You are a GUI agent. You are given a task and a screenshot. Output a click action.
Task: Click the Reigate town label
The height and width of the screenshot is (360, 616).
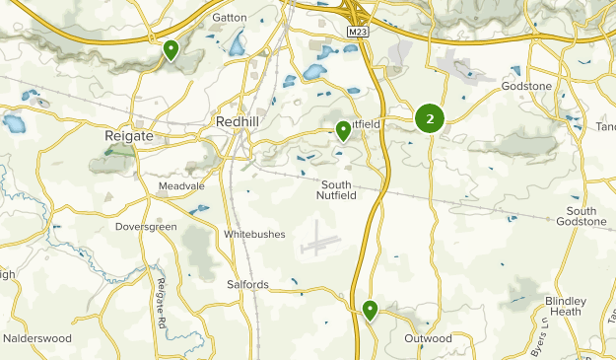point(128,136)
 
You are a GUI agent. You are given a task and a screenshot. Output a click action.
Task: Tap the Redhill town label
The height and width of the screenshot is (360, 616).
point(238,121)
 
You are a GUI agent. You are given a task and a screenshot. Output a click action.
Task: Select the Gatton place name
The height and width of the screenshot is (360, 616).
point(229,18)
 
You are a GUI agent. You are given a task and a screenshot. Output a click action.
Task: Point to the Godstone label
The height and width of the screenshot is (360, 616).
point(554,87)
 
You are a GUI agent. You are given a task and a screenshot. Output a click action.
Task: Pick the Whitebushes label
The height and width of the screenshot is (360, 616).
point(254,234)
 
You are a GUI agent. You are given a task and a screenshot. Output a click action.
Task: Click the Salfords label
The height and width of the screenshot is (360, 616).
point(247,285)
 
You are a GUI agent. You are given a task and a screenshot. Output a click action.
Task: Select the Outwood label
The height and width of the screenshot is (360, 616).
point(428,338)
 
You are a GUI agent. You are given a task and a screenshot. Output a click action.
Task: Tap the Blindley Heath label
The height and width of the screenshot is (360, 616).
point(566,306)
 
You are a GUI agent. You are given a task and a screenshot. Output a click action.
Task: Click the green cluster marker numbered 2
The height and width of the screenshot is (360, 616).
point(430,119)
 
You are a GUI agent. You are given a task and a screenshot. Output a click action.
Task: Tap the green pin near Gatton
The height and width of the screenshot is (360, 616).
point(171,49)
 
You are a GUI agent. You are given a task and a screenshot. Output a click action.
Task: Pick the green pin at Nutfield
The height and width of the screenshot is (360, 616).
point(343,130)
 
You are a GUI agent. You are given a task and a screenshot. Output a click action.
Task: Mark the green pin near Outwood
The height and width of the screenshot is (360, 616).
point(371,311)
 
